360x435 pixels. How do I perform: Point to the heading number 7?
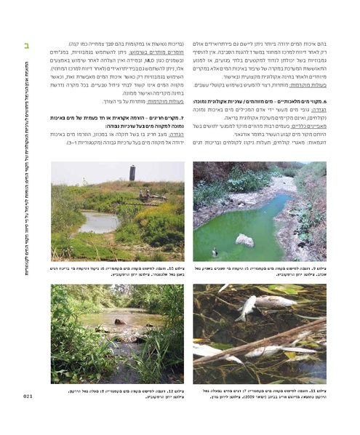coord(182,117)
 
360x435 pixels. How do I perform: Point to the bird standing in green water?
coord(214,252)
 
